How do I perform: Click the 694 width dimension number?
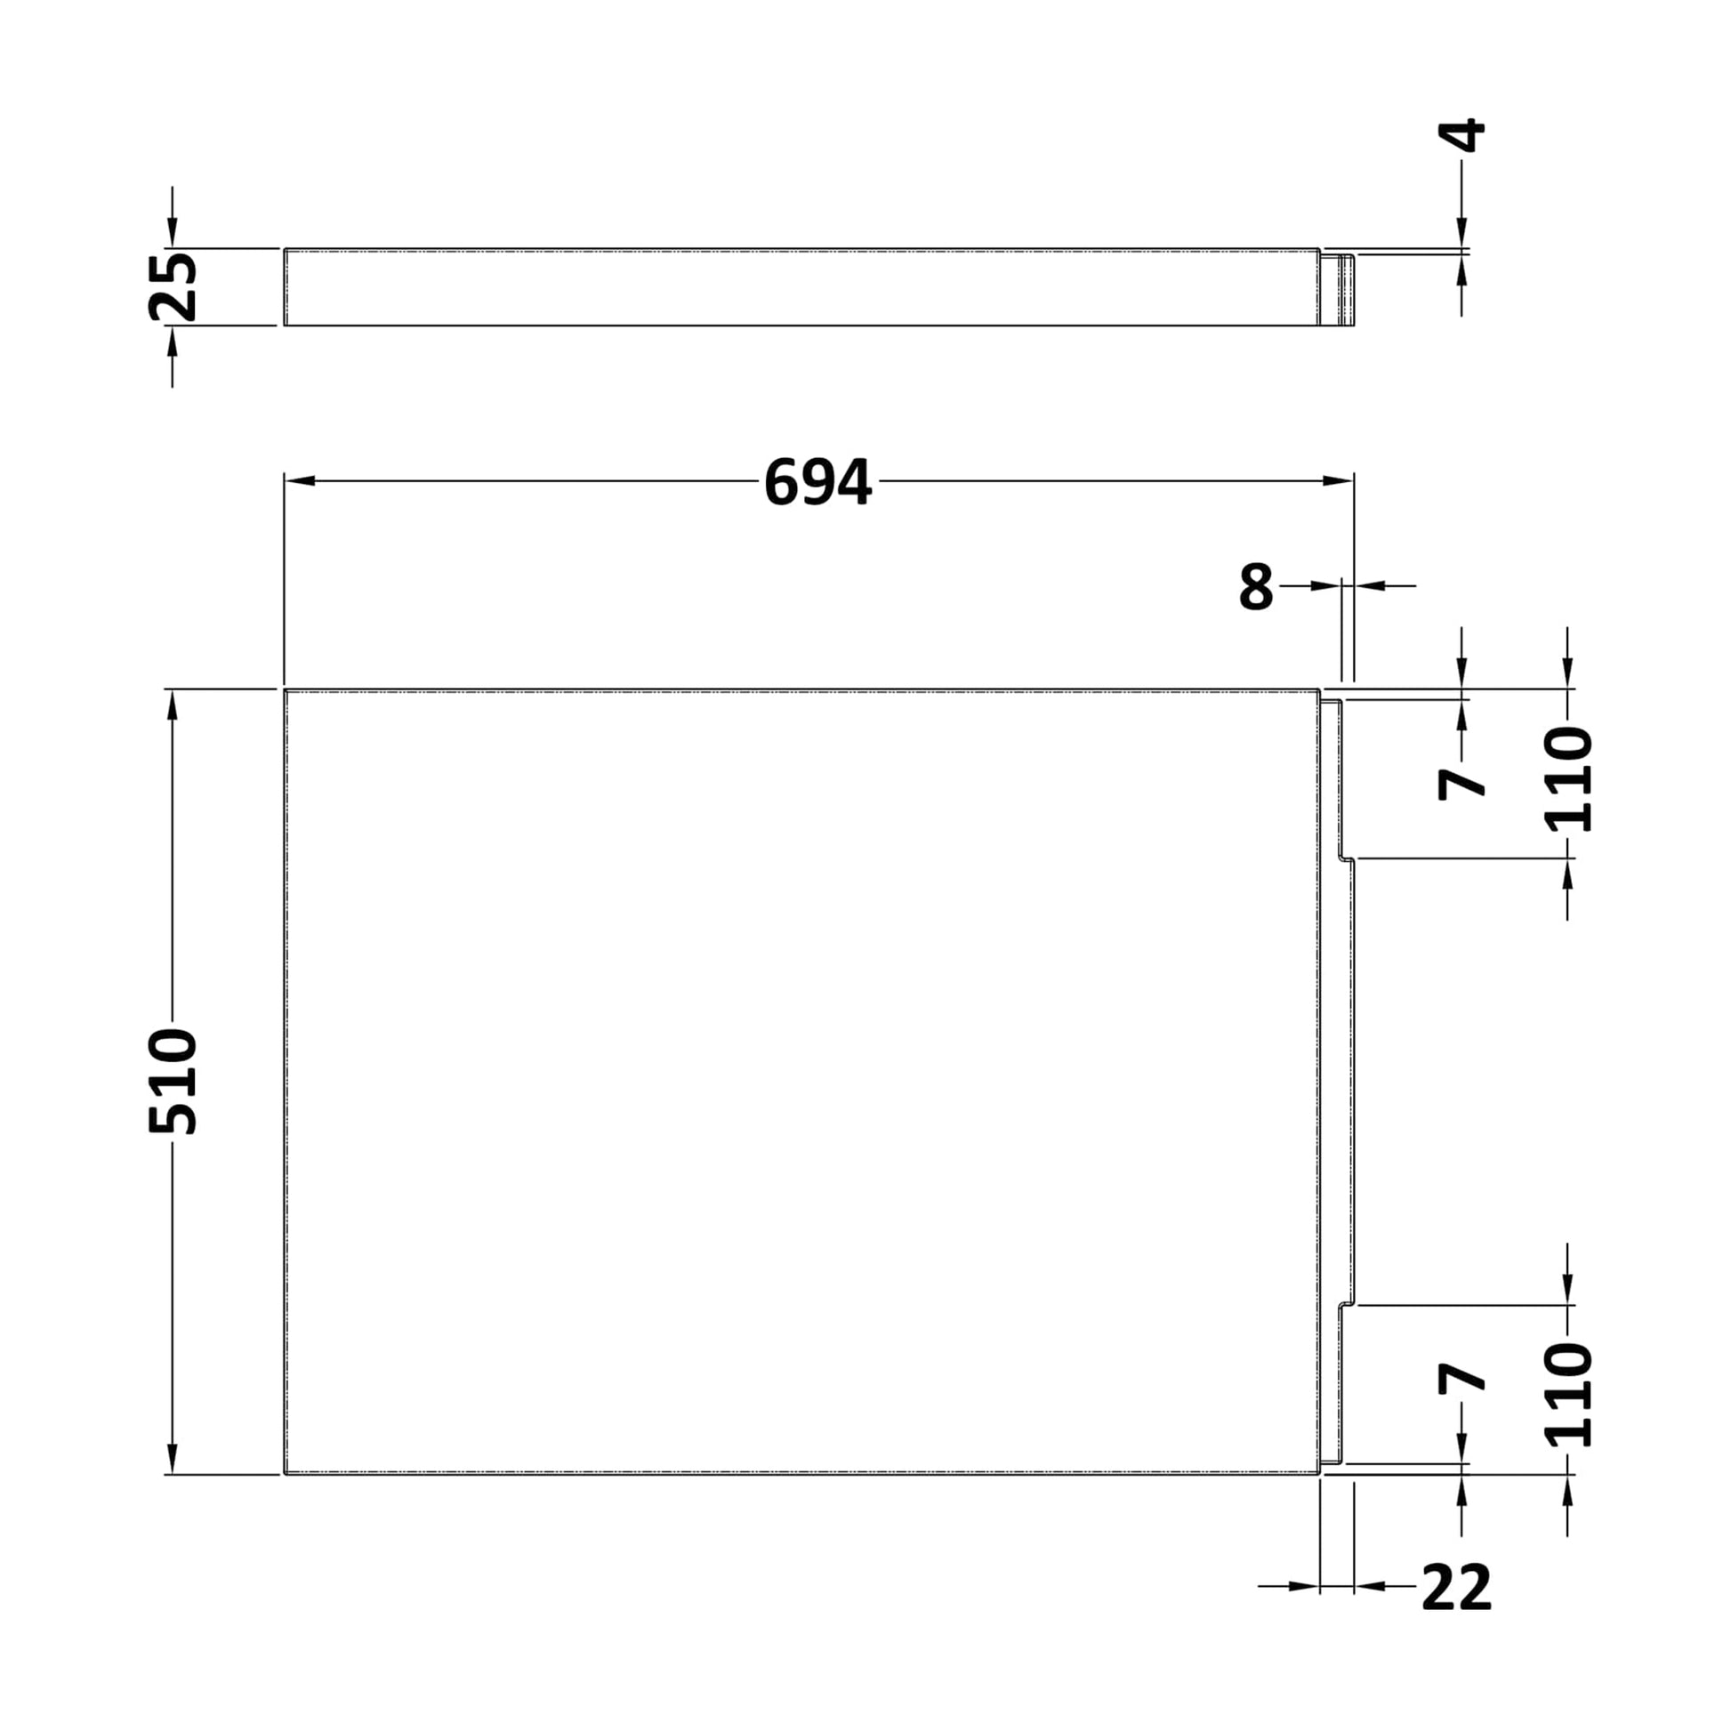pyautogui.click(x=817, y=482)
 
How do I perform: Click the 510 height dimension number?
pyautogui.click(x=173, y=1083)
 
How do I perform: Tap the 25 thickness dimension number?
pyautogui.click(x=173, y=286)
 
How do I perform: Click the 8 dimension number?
pyautogui.click(x=1256, y=587)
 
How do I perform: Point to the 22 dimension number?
pyautogui.click(x=1457, y=1612)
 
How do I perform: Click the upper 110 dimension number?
pyautogui.click(x=1569, y=778)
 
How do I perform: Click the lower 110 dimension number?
pyautogui.click(x=1569, y=1395)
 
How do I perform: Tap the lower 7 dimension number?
pyautogui.click(x=1461, y=1379)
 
